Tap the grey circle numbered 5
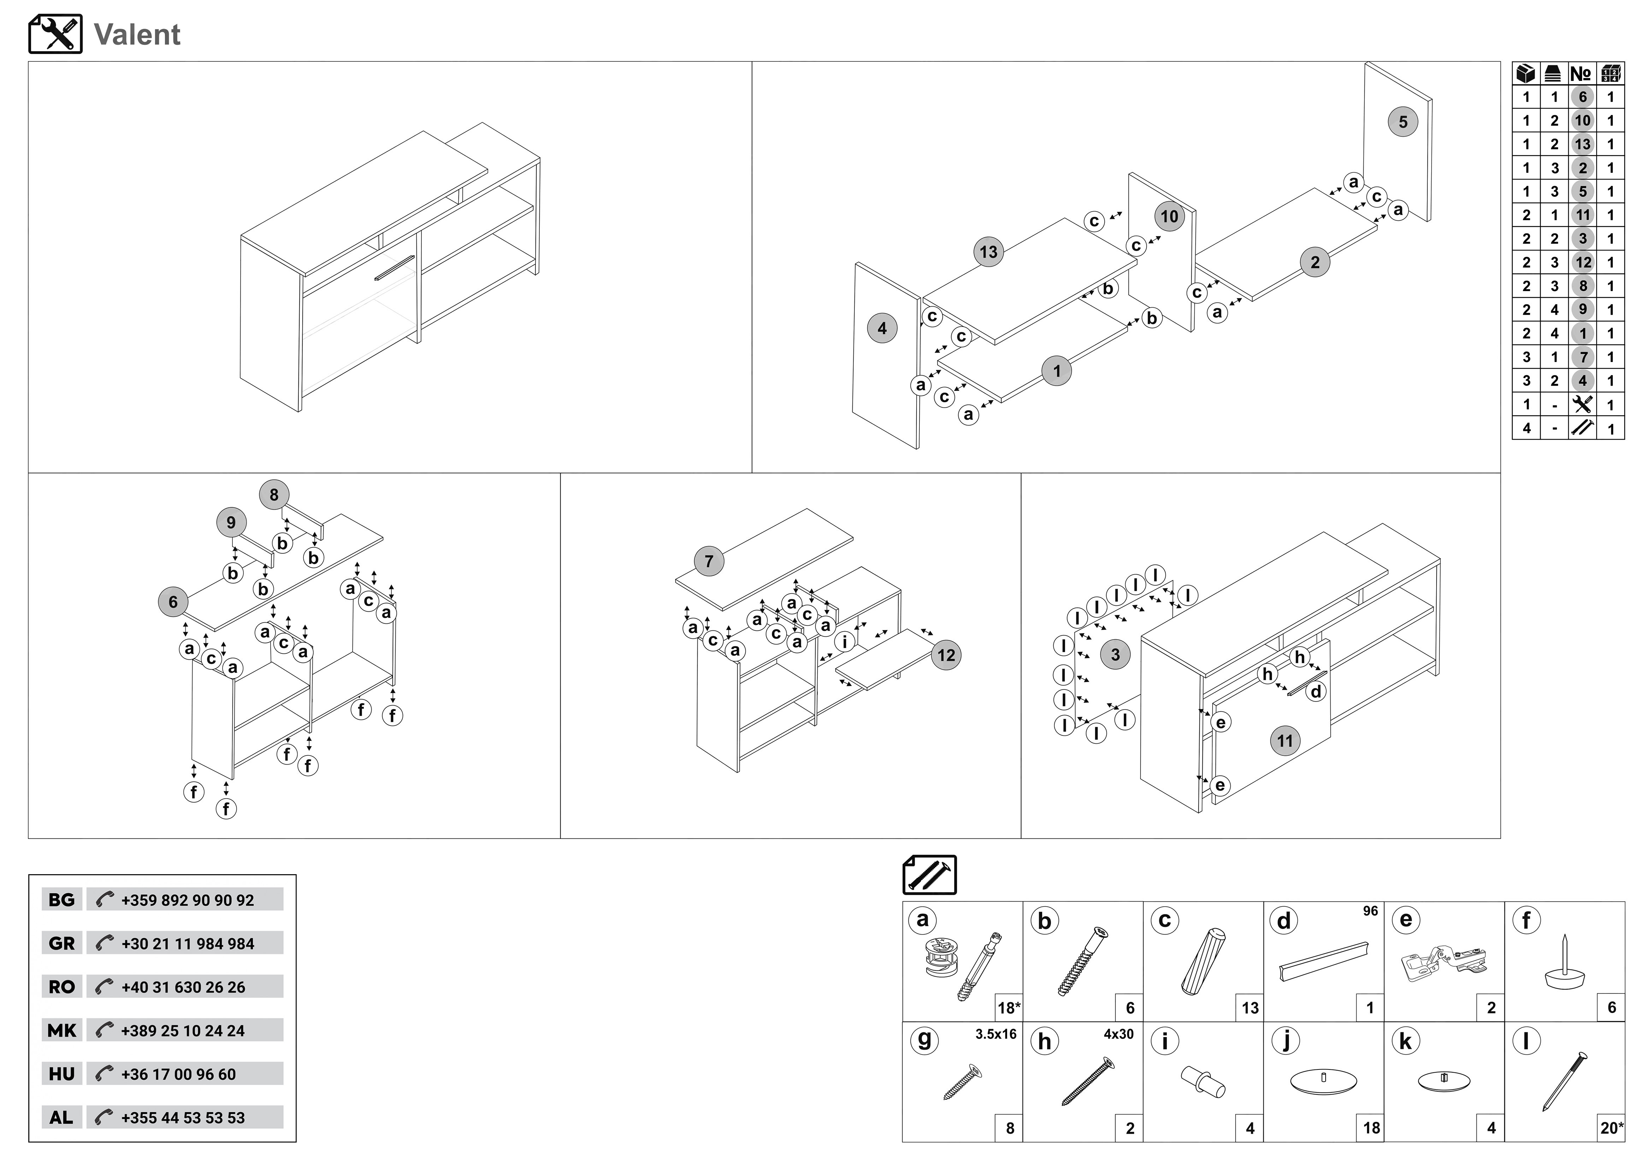point(1402,121)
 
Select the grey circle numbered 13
point(989,252)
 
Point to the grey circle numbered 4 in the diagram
point(882,329)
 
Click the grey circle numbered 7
point(709,561)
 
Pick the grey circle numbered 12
point(946,655)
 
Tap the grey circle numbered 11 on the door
point(1285,741)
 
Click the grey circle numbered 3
point(1115,654)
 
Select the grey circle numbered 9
point(231,522)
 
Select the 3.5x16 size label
point(996,1034)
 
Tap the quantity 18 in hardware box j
point(1372,1128)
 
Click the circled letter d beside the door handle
point(1316,692)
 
